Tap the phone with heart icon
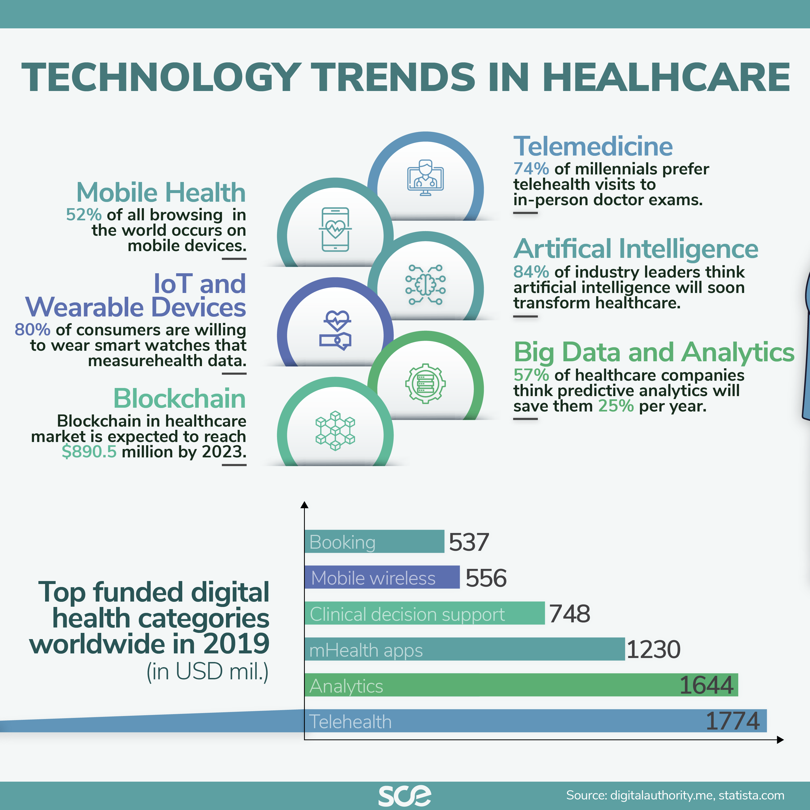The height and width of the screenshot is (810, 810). point(335,229)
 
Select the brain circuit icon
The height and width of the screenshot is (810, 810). point(425,285)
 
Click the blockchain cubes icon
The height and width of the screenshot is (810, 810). point(335,431)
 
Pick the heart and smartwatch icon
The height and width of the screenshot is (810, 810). point(335,330)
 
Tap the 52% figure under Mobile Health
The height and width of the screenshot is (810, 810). point(83,215)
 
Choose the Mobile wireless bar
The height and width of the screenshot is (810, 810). point(382,577)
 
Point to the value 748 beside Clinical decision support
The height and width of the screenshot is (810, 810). point(569,613)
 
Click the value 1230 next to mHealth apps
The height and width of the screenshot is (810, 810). point(653,649)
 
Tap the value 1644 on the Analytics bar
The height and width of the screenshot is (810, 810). point(706,685)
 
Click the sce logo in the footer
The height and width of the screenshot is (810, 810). point(404,795)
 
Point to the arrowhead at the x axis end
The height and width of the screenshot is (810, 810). point(780,740)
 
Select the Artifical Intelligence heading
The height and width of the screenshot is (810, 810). point(636,249)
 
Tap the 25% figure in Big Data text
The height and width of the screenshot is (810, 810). point(616,406)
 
